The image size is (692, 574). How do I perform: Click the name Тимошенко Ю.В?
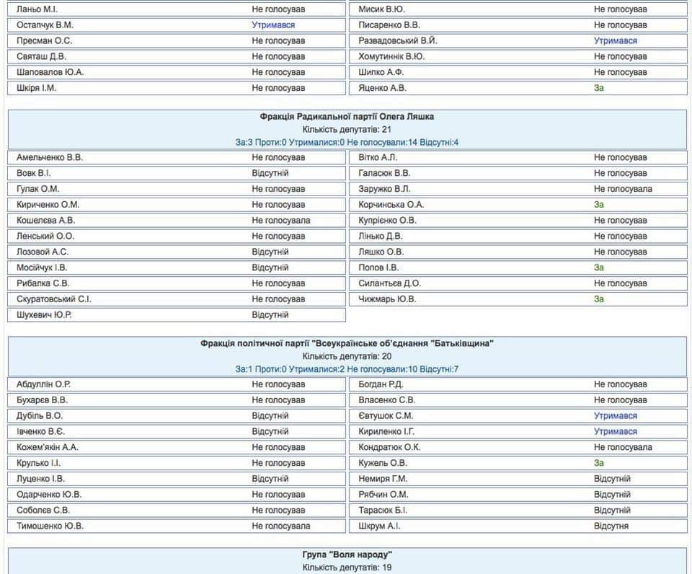coord(50,526)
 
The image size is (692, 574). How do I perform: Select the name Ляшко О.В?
coord(381,252)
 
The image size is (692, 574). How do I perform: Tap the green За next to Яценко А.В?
coord(598,88)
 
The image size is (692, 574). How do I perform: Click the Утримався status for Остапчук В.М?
coord(273,25)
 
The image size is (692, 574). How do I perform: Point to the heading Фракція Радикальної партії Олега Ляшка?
coord(347,116)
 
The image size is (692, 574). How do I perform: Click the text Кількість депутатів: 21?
coord(347,129)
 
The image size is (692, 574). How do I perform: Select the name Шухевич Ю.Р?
coord(44,315)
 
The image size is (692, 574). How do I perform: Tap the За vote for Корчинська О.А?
coord(598,205)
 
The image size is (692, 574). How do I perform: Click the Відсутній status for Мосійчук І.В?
coord(270,268)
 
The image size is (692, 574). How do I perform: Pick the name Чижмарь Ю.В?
coord(387,299)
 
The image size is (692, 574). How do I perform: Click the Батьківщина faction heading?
coord(347,343)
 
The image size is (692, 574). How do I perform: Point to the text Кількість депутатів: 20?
coord(347,356)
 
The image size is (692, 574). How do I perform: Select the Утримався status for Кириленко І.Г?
coord(615,432)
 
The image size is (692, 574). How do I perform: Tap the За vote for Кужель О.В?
coord(598,463)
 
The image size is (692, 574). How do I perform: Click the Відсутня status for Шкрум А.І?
coord(611,526)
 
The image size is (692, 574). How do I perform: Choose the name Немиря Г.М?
coord(383,479)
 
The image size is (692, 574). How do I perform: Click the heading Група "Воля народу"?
coord(347,555)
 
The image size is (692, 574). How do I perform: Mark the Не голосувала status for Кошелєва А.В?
coord(280,221)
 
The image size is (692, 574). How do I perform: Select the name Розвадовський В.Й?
coord(397,41)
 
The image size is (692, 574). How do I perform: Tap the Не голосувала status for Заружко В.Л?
coord(623,189)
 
